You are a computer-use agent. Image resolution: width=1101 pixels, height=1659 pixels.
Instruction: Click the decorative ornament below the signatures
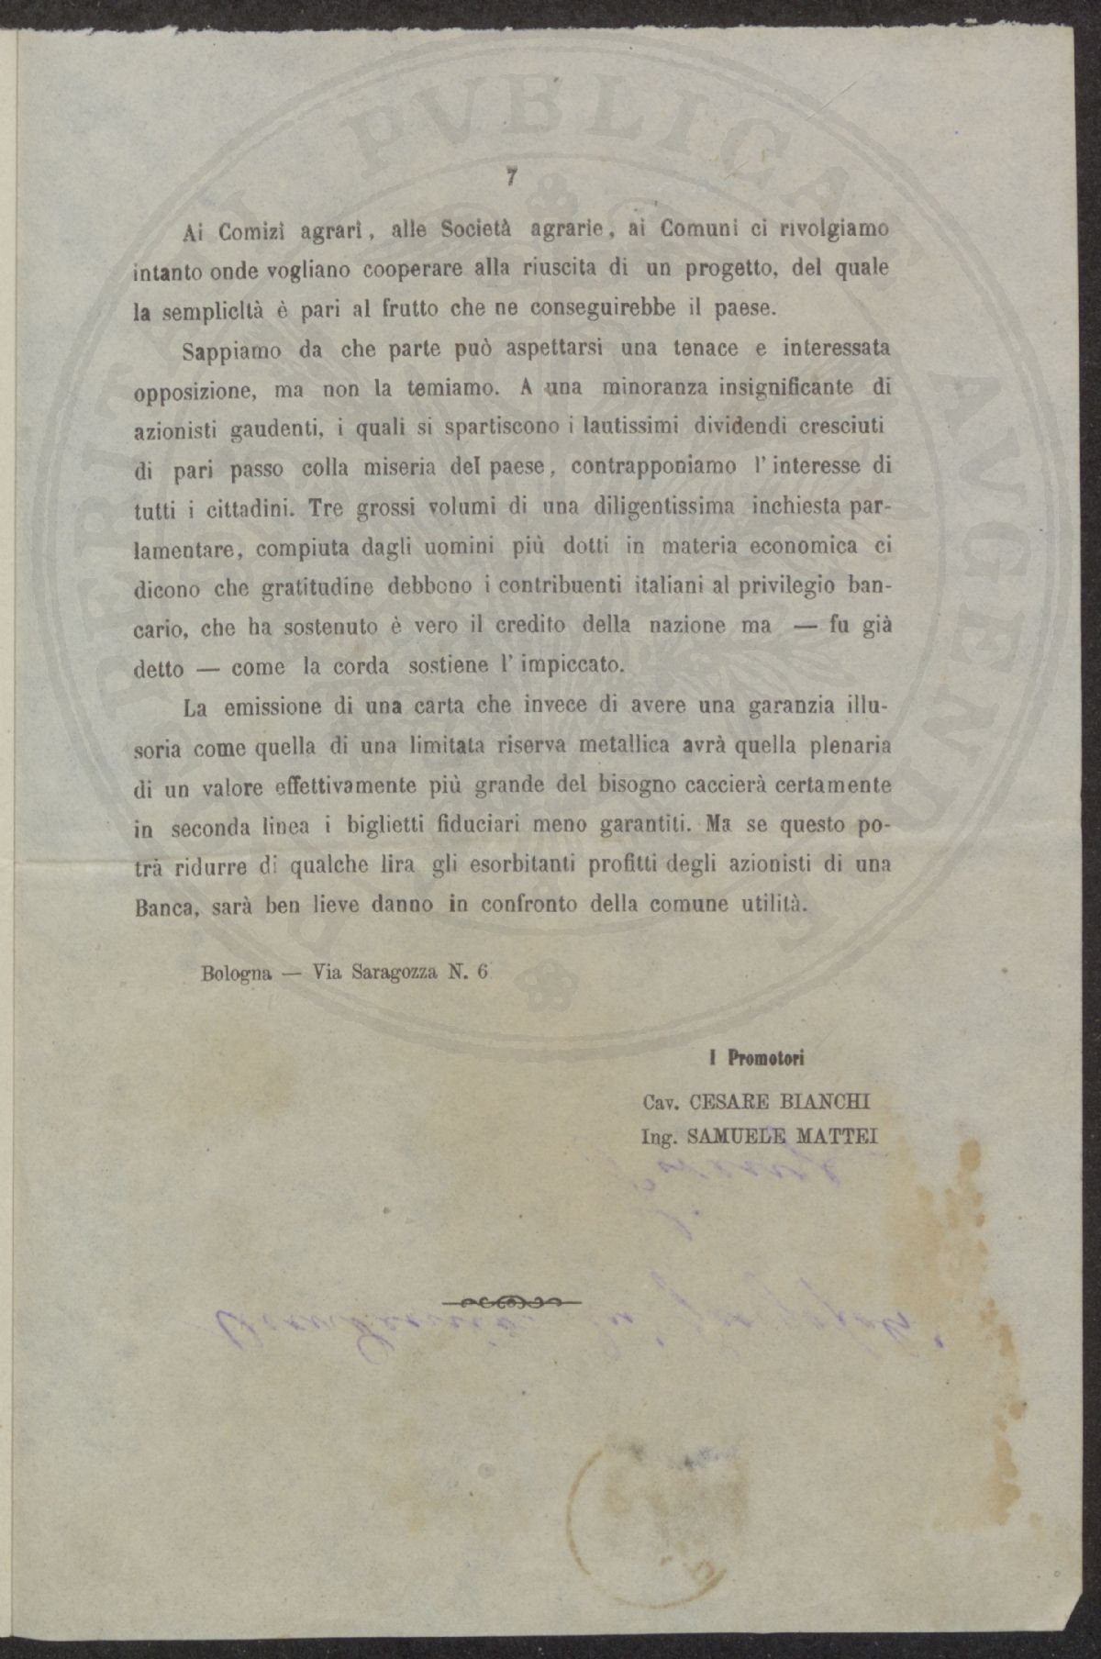[511, 1301]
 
